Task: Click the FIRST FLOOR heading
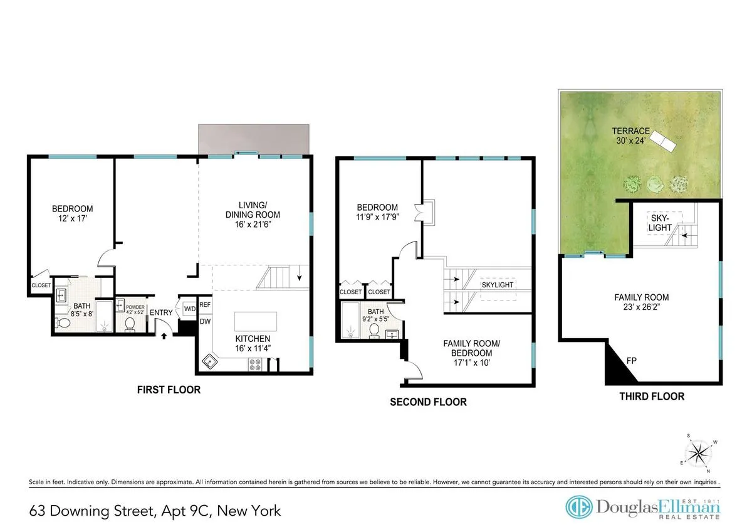169,390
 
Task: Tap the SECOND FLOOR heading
428,402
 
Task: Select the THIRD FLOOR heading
652,396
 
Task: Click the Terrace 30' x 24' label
631,136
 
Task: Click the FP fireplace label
632,361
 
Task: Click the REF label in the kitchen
205,306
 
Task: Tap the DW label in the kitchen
205,321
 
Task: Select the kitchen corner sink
210,361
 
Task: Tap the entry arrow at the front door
165,336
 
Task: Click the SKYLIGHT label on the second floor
498,285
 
